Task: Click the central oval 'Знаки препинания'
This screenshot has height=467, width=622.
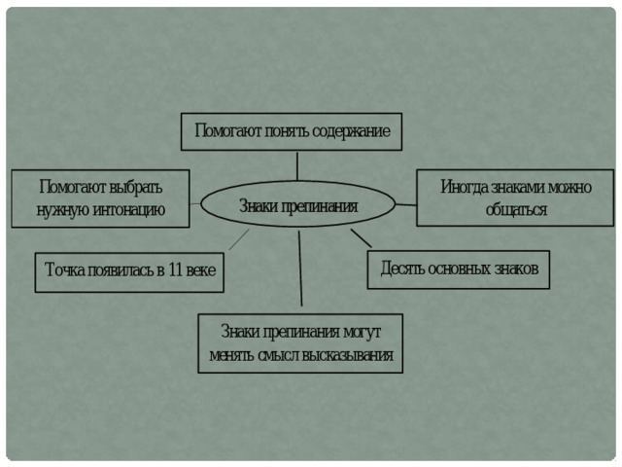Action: tap(298, 204)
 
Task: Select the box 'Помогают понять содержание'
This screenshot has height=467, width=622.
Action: tap(292, 131)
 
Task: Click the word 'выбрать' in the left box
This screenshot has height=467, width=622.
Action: tap(135, 187)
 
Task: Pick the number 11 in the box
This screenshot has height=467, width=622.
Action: tap(175, 269)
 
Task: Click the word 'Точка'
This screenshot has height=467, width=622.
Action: tap(65, 269)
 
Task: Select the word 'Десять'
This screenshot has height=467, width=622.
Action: tap(402, 269)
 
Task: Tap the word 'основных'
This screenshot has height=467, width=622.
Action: tap(455, 269)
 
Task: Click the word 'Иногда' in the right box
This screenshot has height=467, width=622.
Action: tap(464, 187)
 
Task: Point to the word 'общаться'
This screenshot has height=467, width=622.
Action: tap(516, 210)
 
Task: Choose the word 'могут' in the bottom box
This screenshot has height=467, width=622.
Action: tap(362, 332)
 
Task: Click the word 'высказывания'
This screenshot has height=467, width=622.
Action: tap(347, 355)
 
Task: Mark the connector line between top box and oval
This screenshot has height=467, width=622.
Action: tap(297, 166)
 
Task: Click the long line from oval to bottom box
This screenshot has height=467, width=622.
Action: tap(300, 269)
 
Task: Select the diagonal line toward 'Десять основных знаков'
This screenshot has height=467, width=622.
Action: tap(361, 238)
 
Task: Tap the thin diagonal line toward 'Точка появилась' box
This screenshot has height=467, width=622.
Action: tap(239, 239)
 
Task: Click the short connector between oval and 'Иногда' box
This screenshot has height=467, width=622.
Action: tap(406, 205)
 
